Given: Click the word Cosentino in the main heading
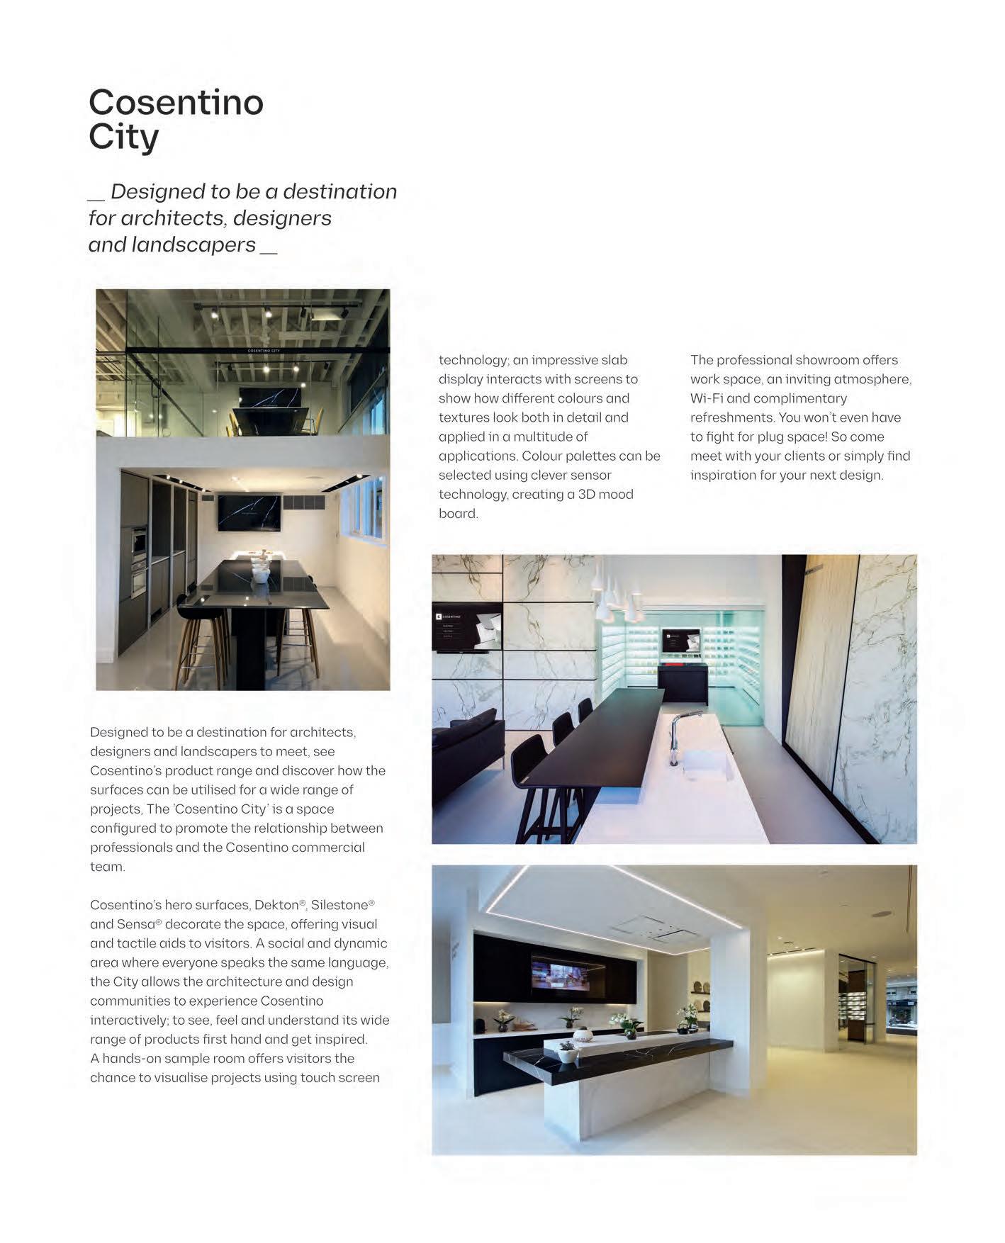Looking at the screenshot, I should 176,103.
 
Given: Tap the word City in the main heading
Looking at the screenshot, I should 123,137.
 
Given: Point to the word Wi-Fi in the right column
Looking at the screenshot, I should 706,398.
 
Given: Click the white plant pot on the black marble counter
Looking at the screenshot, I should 566,1054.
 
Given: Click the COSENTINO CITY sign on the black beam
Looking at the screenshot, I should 264,351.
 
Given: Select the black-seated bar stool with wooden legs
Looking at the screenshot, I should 200,631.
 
